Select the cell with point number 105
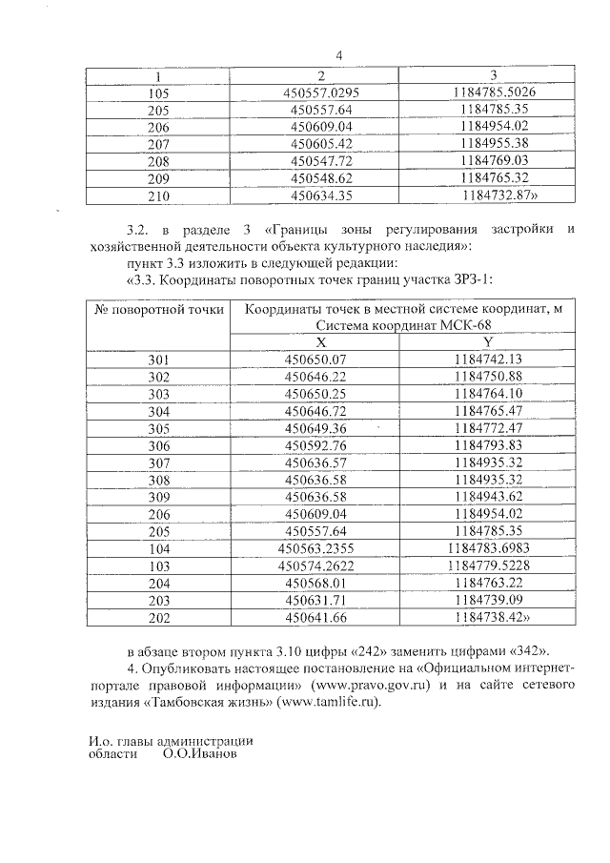pyautogui.click(x=158, y=92)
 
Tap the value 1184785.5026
pyautogui.click(x=493, y=92)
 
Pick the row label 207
pyautogui.click(x=158, y=144)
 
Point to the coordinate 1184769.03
pyautogui.click(x=493, y=161)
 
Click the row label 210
pyautogui.click(x=158, y=196)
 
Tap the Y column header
pyautogui.click(x=488, y=342)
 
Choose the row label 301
pyautogui.click(x=158, y=360)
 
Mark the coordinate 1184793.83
pyautogui.click(x=488, y=445)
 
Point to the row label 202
pyautogui.click(x=158, y=617)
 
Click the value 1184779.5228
pyautogui.click(x=488, y=565)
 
